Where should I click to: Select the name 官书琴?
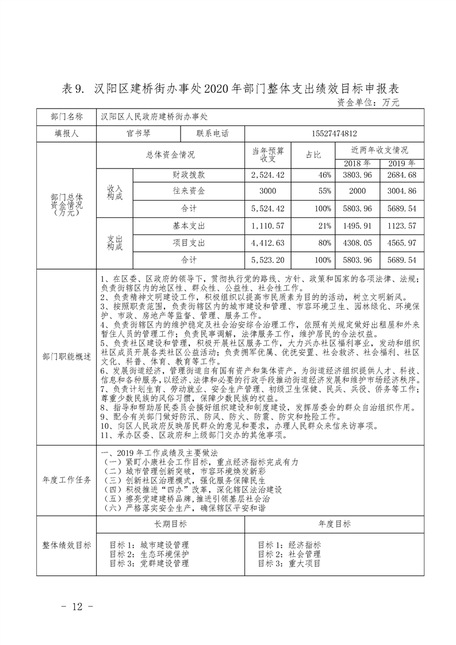[x=138, y=133]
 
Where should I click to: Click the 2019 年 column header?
[x=402, y=163]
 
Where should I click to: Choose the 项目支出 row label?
[x=189, y=243]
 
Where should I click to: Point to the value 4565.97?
[x=402, y=243]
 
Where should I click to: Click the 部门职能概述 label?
[x=67, y=356]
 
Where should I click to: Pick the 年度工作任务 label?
[x=67, y=479]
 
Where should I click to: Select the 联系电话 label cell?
[x=213, y=133]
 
